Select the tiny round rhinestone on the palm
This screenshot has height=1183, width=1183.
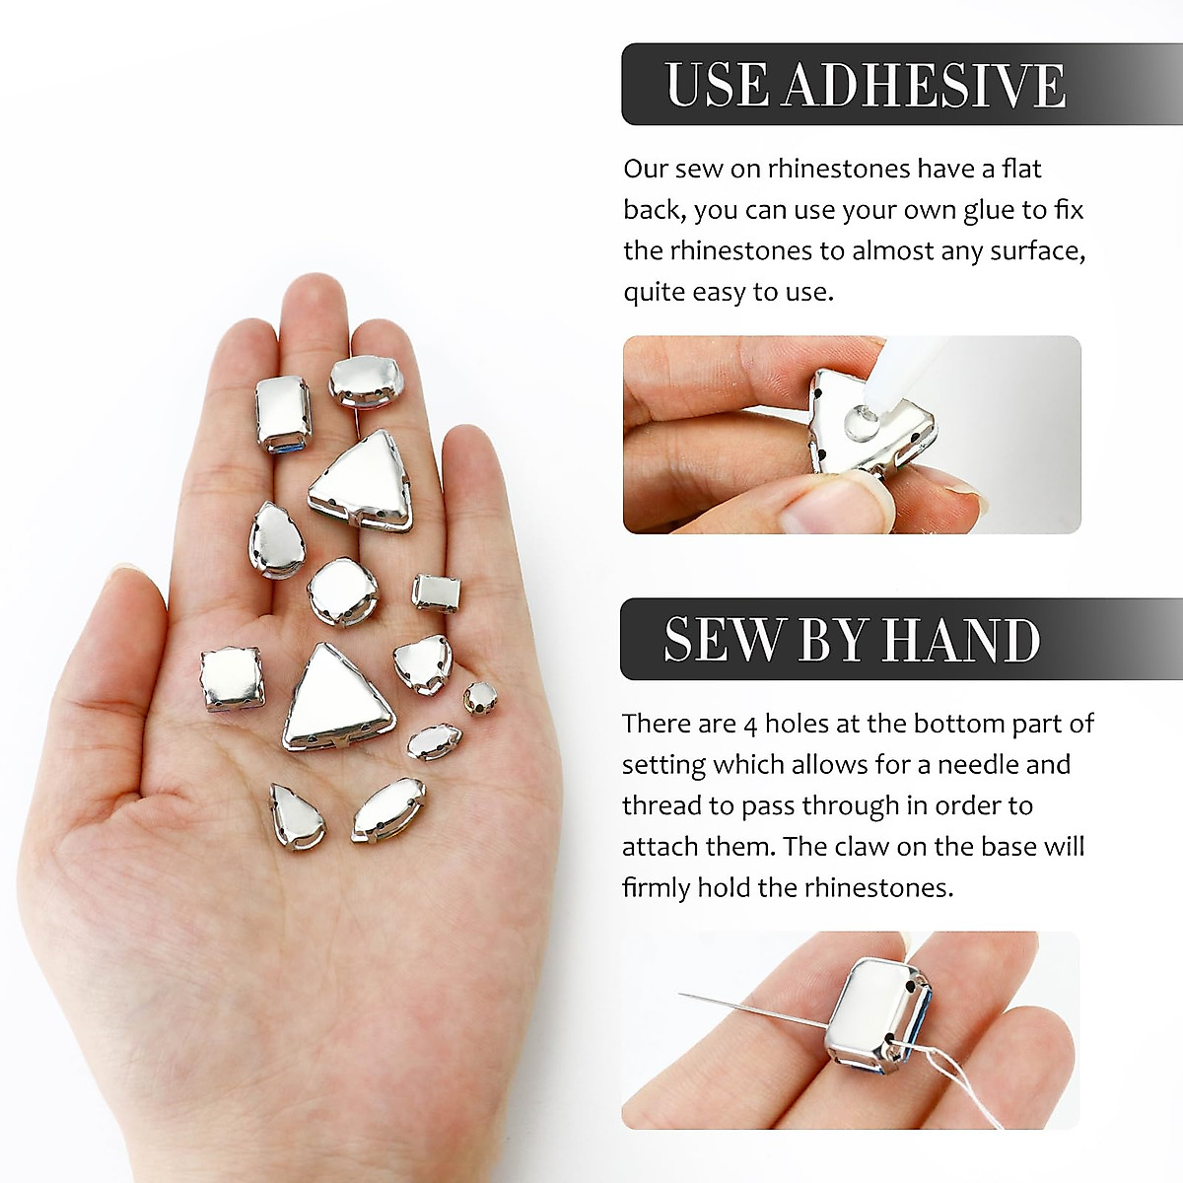pos(480,697)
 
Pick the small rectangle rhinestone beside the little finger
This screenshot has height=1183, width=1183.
pos(432,591)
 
